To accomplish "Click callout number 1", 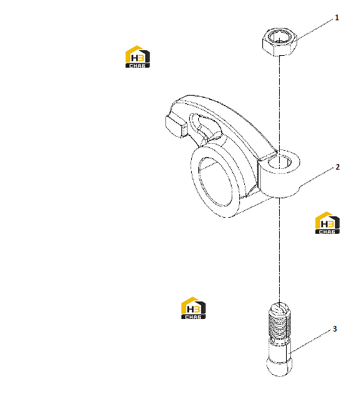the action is point(337,17).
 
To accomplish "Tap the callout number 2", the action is point(338,167).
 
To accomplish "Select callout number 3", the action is point(335,329).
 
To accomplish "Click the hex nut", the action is point(280,42).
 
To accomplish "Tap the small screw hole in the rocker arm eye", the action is point(280,162).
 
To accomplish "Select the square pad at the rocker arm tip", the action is point(176,126).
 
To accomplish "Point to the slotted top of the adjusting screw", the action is point(280,309).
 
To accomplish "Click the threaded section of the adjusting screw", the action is point(280,325).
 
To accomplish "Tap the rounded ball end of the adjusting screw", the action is point(279,366).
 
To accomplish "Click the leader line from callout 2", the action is point(317,177).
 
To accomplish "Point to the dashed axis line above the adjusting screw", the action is point(279,251).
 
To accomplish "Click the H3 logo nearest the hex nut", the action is point(137,57).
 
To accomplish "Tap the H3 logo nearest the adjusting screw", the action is point(193,308).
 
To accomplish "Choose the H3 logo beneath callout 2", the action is point(327,223).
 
